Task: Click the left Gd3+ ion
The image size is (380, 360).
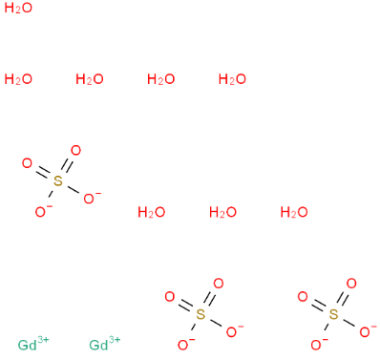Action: pyautogui.click(x=32, y=344)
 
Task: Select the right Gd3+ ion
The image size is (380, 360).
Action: pyautogui.click(x=103, y=344)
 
